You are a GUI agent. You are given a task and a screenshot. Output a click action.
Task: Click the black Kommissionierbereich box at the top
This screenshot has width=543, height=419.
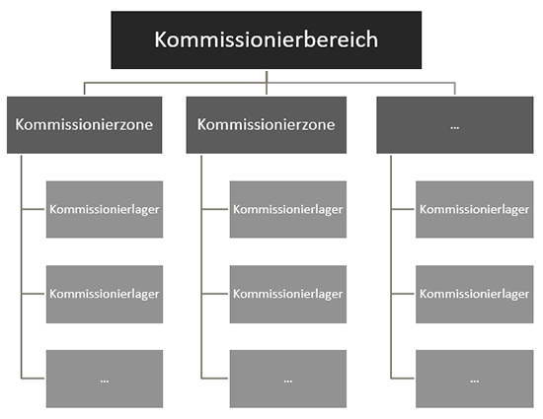click(266, 39)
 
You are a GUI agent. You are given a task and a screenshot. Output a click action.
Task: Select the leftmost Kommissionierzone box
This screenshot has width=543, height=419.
click(84, 125)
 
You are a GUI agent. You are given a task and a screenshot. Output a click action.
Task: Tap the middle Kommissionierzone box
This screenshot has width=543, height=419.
click(266, 125)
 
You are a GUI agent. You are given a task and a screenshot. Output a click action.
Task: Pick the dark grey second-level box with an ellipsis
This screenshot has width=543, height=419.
click(455, 125)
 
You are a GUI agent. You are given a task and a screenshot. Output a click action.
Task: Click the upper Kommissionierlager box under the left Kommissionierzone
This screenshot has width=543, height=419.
click(105, 209)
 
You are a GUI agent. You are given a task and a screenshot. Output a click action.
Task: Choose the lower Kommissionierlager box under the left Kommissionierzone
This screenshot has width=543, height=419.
click(105, 294)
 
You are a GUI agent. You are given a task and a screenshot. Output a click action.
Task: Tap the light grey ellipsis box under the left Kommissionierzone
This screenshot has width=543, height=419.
click(105, 379)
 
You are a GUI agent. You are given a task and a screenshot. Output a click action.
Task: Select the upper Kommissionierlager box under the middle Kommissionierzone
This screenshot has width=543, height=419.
click(287, 209)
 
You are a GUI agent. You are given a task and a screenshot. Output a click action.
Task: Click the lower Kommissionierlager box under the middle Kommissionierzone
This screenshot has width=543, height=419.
click(287, 294)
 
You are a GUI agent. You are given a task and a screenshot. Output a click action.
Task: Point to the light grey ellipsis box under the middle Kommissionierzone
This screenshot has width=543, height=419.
click(287, 379)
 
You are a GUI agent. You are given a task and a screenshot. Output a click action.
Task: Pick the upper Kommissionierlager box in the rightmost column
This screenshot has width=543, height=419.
click(475, 209)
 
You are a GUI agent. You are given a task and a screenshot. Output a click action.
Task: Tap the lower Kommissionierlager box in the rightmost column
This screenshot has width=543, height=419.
click(475, 294)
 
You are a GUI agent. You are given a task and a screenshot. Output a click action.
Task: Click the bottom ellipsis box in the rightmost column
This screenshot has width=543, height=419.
click(475, 379)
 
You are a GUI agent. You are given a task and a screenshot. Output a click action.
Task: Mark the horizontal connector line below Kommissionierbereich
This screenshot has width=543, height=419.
click(270, 83)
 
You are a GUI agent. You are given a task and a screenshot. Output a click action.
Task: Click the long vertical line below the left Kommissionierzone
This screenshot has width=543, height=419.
click(21, 267)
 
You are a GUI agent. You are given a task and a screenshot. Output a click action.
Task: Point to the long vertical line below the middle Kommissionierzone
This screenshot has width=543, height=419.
click(201, 267)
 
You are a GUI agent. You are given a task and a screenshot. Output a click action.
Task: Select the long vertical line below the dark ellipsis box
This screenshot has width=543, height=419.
click(391, 267)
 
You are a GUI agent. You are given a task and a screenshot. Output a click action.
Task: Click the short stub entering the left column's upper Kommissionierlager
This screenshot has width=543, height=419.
click(33, 209)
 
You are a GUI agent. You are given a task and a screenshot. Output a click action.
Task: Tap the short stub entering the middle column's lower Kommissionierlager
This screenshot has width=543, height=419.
click(214, 294)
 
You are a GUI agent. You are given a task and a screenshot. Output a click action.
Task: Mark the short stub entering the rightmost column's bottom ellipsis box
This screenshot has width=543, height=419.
click(403, 379)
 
